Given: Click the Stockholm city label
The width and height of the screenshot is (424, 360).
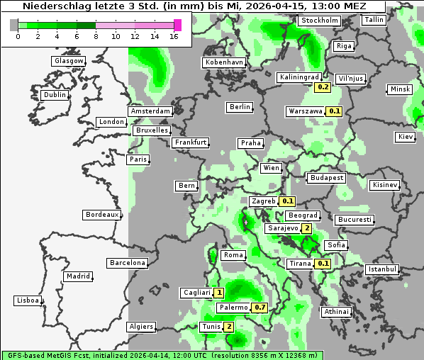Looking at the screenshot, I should tap(318, 21).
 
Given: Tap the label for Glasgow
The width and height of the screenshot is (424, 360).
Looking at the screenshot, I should tap(69, 61).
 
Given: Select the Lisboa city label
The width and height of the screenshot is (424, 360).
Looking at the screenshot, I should tap(28, 300).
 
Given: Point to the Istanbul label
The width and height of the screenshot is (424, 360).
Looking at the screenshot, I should tap(382, 269).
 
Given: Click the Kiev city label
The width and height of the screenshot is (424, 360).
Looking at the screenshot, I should tap(405, 136).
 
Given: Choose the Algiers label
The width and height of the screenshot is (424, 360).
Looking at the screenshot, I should tap(140, 327).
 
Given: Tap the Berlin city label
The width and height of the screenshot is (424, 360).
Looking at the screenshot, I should tap(240, 107).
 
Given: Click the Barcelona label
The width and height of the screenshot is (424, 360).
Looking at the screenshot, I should tap(128, 263).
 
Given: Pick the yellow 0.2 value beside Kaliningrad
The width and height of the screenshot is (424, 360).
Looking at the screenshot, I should tap(323, 86).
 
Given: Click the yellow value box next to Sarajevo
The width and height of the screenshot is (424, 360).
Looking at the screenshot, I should tap(306, 228).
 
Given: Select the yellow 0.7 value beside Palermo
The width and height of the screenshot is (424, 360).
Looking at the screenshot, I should tap(260, 308).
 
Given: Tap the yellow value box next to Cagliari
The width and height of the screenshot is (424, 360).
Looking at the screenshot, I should tap(220, 292).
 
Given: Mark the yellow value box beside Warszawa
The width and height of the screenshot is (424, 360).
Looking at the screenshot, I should tap(335, 111).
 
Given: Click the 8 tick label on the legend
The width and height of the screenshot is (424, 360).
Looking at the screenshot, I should tap(96, 36).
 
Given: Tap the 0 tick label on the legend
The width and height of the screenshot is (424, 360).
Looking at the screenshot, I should tap(17, 36).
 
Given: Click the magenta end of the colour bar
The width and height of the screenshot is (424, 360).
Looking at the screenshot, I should tap(177, 25).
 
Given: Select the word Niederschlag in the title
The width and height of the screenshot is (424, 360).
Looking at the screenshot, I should tap(49, 6).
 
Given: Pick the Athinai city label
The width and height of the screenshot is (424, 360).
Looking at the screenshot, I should tap(337, 312).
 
